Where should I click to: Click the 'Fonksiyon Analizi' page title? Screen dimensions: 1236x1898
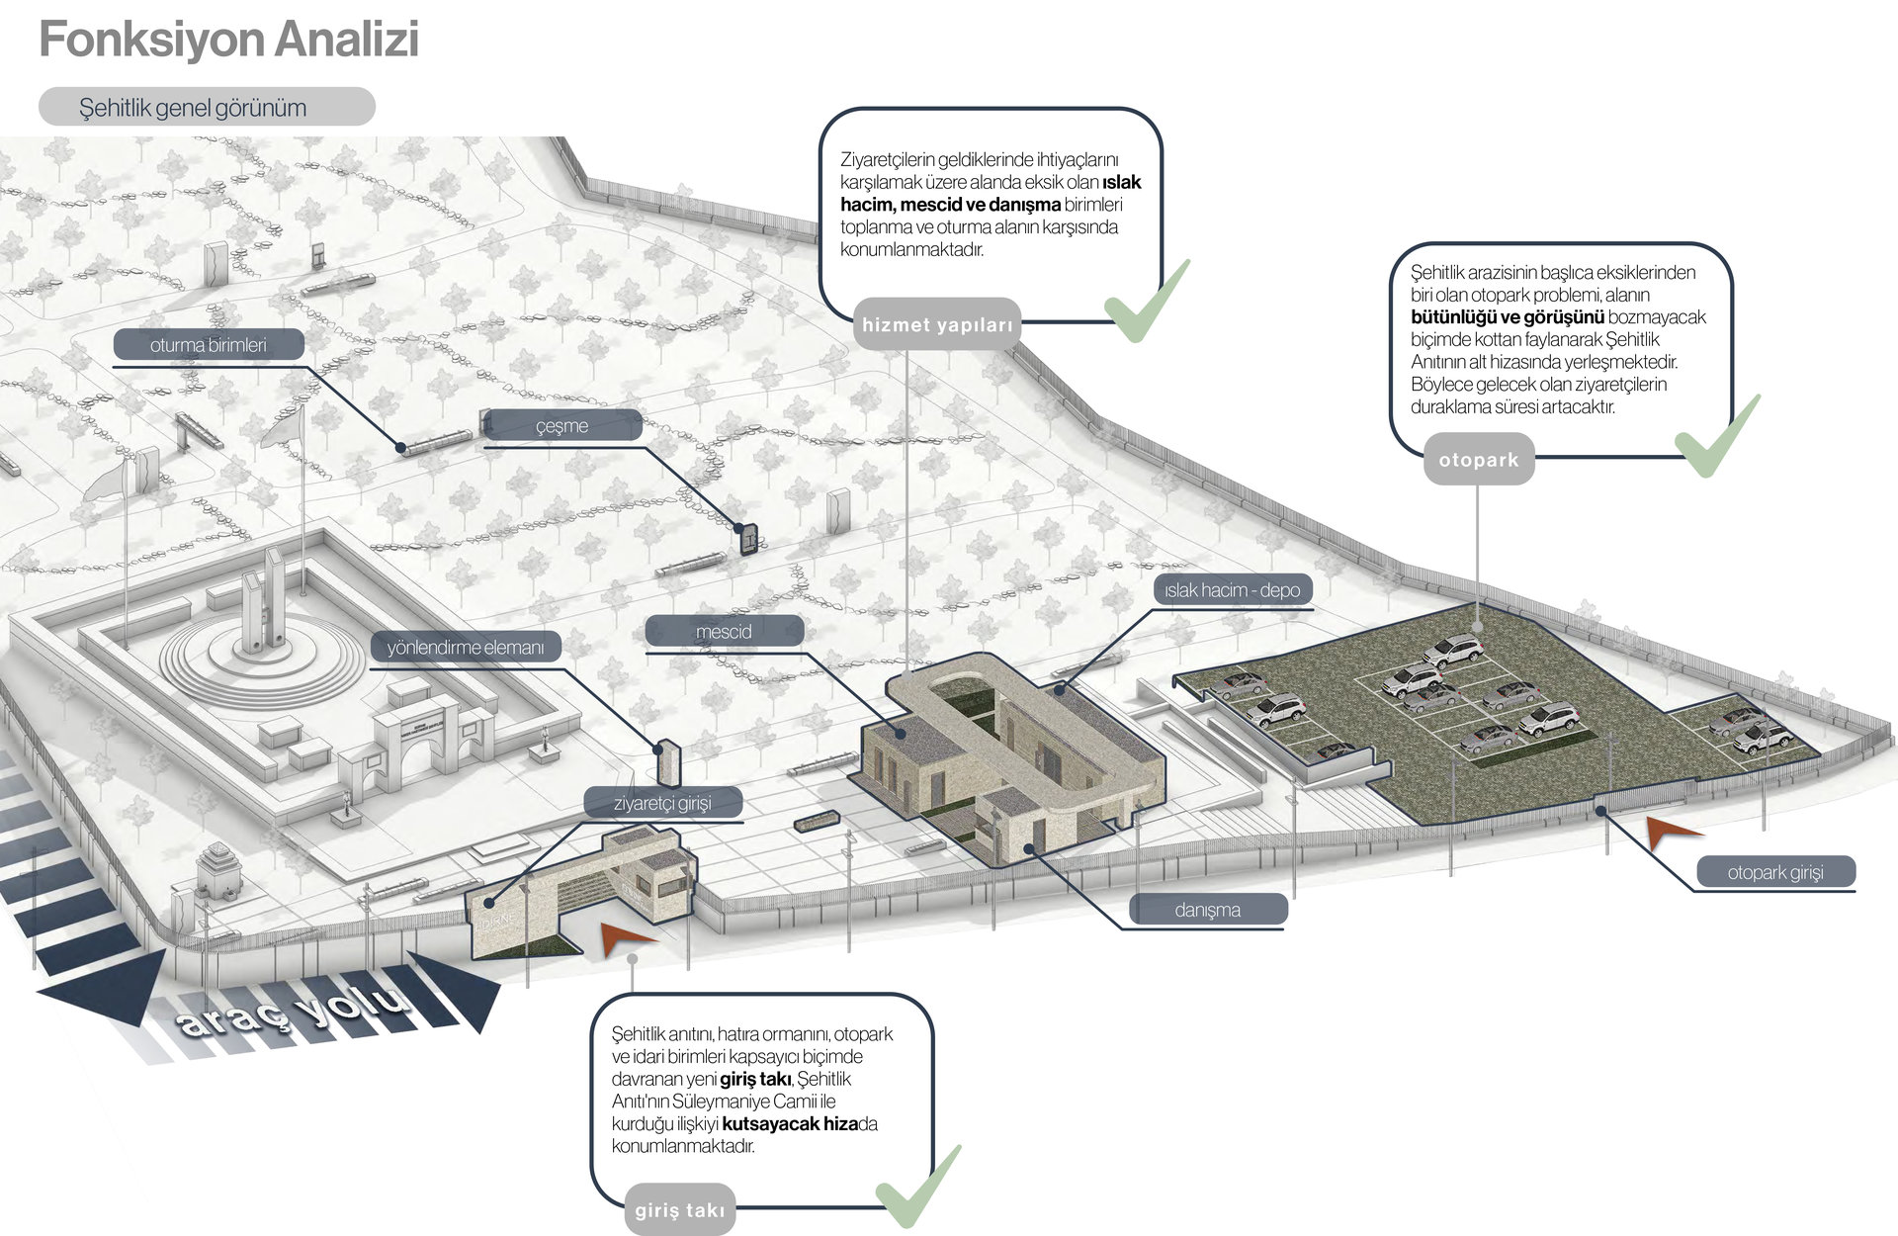pos(228,41)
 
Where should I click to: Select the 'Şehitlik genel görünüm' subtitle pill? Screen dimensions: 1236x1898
pos(207,107)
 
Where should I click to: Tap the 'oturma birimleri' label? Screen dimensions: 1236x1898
pos(209,345)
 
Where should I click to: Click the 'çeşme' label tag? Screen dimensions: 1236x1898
pos(561,426)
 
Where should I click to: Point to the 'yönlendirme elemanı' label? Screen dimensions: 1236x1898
pos(466,648)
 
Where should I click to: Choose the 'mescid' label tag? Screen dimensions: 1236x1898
pos(724,631)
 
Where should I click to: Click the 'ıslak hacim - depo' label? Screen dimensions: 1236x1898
pos(1232,590)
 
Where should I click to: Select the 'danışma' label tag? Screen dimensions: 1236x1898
pos(1207,910)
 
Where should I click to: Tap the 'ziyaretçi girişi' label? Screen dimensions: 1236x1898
pos(662,803)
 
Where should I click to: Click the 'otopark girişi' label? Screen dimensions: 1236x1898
pos(1775,872)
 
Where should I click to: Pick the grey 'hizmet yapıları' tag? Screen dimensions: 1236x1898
pos(937,324)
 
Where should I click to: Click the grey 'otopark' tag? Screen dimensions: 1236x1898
pos(1479,460)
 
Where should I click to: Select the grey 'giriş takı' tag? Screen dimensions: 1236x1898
pos(680,1209)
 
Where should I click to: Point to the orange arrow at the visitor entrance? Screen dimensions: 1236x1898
pos(625,938)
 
